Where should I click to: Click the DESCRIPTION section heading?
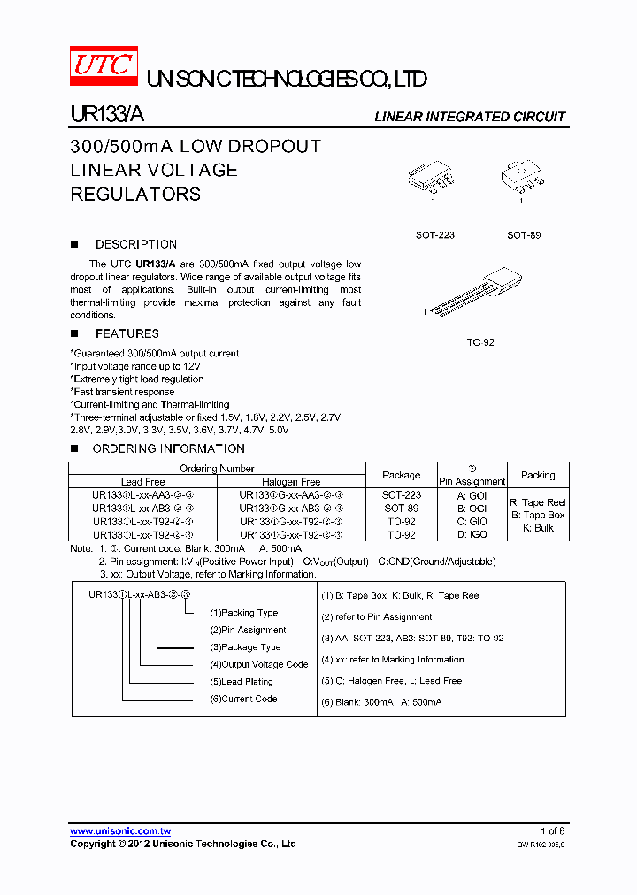point(135,244)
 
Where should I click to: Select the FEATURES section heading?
point(127,333)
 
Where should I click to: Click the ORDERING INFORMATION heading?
point(168,448)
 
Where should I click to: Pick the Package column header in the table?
point(402,475)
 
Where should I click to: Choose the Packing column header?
point(538,475)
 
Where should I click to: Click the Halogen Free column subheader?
point(292,482)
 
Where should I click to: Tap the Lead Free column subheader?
point(142,482)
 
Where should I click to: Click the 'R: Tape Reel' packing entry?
point(538,502)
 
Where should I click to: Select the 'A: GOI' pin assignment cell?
point(472,496)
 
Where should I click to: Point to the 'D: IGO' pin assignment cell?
point(472,534)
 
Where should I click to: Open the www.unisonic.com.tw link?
point(120,831)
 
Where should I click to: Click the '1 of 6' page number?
point(552,831)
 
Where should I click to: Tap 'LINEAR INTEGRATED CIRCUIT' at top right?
point(470,117)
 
